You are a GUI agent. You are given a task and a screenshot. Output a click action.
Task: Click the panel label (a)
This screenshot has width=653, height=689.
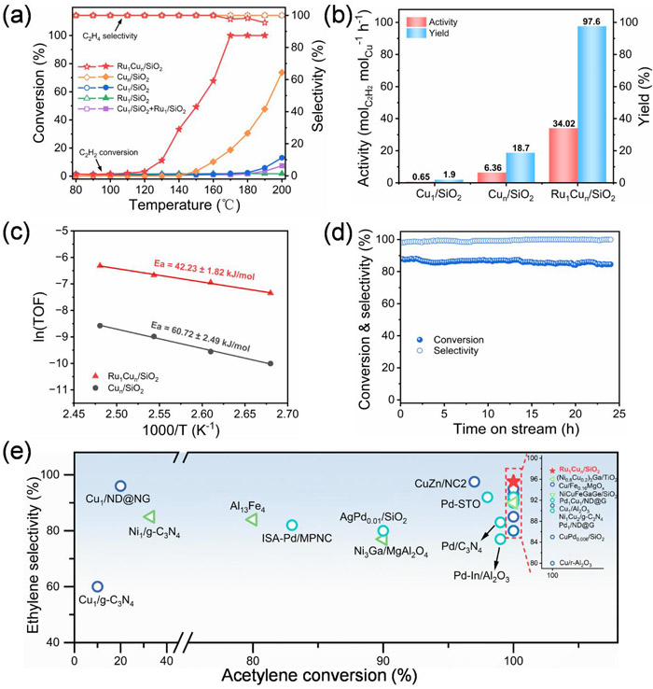[x=18, y=12]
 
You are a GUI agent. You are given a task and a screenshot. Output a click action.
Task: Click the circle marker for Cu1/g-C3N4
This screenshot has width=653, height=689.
[x=97, y=586]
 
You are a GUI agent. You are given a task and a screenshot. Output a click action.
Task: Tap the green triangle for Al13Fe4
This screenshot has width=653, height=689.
[x=252, y=519]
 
